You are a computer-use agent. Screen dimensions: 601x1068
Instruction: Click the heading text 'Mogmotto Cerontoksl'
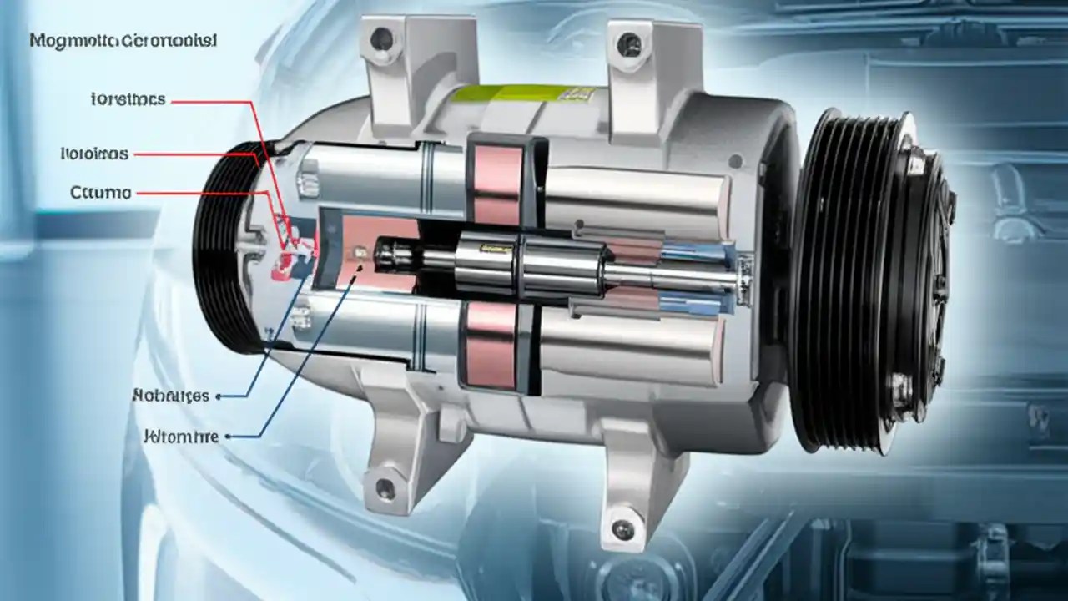[123, 40]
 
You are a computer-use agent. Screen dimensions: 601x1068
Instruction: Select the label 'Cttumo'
[101, 193]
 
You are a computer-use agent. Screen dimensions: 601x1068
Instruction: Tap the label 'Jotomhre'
[180, 436]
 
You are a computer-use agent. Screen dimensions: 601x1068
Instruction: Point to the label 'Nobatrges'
[170, 396]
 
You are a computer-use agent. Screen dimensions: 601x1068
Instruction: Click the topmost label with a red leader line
[128, 100]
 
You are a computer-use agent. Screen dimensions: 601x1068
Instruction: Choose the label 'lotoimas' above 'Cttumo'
[94, 154]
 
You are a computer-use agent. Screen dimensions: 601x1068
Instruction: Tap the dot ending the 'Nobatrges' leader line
[219, 397]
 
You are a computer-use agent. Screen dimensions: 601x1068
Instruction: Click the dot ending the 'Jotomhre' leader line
[229, 436]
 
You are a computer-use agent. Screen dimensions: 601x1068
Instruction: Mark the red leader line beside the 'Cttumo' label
[200, 193]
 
